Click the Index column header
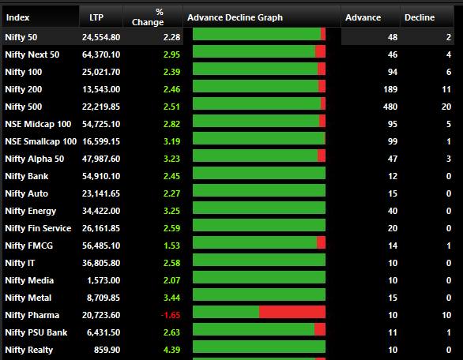point(17,17)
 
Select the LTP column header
point(96,17)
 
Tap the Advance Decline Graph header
point(235,17)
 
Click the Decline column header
point(420,17)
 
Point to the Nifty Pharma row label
point(32,315)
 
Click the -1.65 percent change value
point(171,315)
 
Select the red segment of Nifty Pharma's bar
point(292,312)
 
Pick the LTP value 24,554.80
point(101,37)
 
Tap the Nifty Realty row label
point(29,350)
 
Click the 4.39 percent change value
point(171,350)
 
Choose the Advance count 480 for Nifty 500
point(390,107)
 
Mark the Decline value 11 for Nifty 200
point(446,89)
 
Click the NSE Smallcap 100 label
point(41,141)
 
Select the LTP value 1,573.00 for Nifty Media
point(104,280)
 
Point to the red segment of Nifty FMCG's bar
point(321,242)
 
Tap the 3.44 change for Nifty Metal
point(171,298)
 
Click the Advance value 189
point(390,89)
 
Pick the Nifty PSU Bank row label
point(36,332)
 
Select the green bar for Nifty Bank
point(259,173)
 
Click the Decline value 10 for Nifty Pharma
point(446,315)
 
